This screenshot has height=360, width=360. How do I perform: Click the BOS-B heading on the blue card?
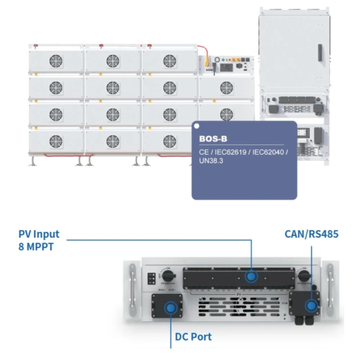[213, 139]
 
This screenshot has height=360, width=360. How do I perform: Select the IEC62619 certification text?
[231, 152]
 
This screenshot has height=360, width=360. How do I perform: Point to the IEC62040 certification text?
[268, 152]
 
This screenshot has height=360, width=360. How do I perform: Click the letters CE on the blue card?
[203, 152]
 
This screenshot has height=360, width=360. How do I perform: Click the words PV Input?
[39, 234]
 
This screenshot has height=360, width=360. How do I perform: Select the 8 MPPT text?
[35, 246]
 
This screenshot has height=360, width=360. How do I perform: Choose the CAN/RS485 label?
[311, 234]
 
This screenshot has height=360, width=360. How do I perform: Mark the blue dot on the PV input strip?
[251, 276]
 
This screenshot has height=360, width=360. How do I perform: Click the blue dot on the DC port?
[169, 308]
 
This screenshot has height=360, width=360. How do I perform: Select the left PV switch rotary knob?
[166, 274]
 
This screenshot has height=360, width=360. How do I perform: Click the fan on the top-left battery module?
[56, 61]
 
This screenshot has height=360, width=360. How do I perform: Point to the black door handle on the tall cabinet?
[320, 51]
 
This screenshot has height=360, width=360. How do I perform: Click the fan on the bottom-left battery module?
[56, 140]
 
